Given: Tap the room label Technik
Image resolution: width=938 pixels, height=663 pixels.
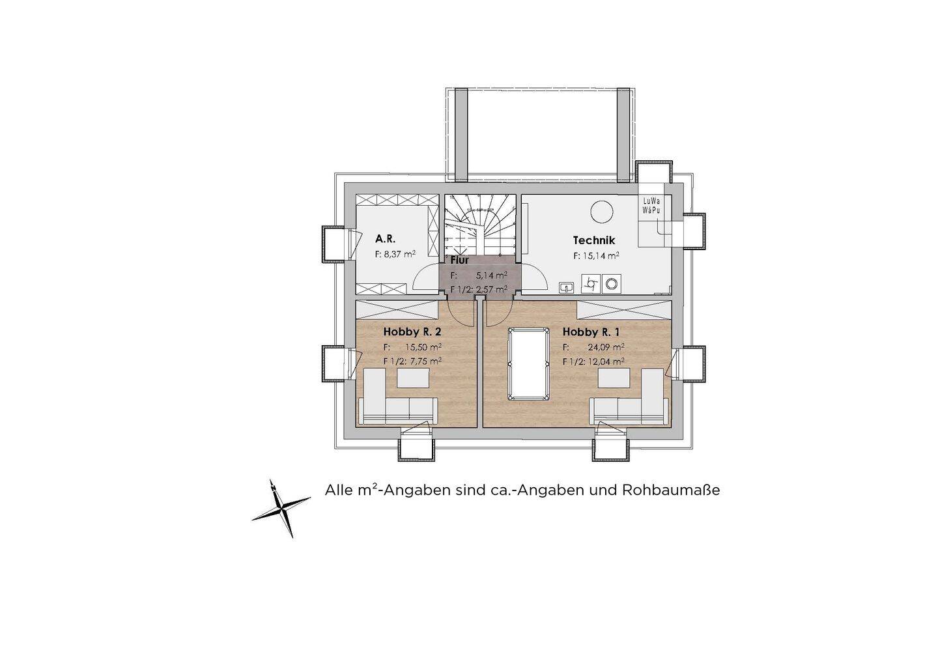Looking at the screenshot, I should (x=593, y=240).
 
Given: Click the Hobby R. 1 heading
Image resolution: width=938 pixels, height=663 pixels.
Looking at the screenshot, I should (x=591, y=331).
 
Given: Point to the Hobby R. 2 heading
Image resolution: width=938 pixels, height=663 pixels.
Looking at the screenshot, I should (x=412, y=331).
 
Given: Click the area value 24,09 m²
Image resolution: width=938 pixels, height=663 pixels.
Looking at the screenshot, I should (x=607, y=346).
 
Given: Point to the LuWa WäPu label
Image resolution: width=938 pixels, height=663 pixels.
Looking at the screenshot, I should (x=650, y=206).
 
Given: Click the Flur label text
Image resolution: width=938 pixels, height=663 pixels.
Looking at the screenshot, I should (x=460, y=261).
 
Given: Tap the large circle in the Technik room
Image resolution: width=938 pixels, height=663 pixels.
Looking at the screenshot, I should (x=601, y=212).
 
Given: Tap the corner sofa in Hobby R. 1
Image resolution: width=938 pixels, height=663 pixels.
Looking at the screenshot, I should (x=631, y=399).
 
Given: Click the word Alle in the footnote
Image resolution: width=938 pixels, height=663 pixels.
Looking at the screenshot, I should (x=339, y=490).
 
